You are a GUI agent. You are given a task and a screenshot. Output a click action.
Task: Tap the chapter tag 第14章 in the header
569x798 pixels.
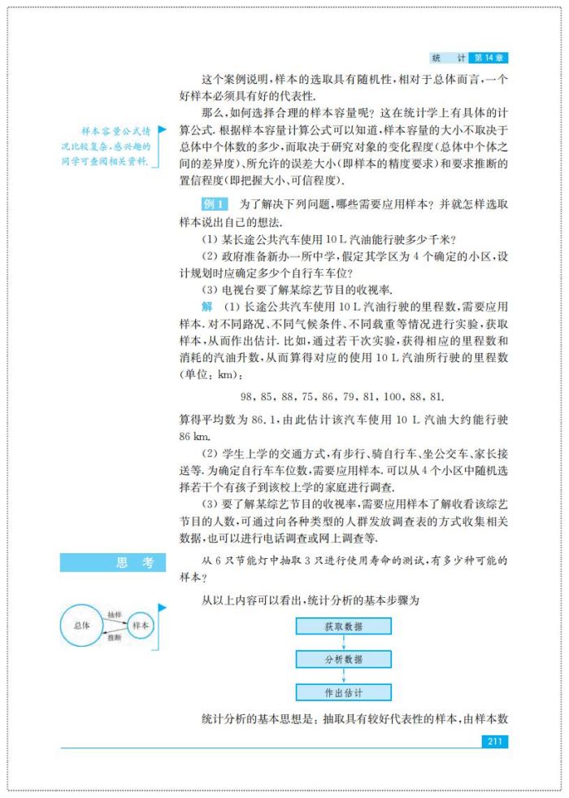pos(491,59)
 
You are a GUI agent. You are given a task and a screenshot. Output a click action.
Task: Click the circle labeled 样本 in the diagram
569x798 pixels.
pos(141,626)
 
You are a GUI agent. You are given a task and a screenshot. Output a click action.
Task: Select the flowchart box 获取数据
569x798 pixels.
pos(343,626)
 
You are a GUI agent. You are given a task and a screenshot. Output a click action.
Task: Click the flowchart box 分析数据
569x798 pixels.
pos(343,659)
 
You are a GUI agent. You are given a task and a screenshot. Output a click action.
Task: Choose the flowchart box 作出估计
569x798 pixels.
pos(343,693)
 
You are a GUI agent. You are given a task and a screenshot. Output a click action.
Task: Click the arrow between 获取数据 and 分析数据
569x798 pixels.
pos(343,643)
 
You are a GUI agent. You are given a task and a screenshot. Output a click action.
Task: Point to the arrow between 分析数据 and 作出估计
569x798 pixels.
pos(343,676)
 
